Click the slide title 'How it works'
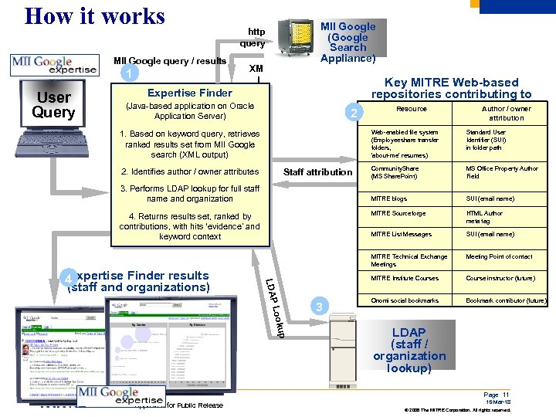point(94,16)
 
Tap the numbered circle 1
point(134,74)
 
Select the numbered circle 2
point(353,114)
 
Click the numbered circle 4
point(69,278)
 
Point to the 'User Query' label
point(53,105)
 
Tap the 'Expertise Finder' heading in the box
point(189,93)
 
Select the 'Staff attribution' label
point(318,172)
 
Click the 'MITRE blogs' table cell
point(388,198)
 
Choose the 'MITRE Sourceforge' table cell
point(398,214)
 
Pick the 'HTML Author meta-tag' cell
point(484,217)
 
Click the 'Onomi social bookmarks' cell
point(405,300)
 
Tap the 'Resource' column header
point(411,109)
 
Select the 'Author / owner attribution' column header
point(506,114)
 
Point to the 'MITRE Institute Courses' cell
point(404,278)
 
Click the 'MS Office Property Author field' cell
point(501,172)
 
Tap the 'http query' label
point(256,37)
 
